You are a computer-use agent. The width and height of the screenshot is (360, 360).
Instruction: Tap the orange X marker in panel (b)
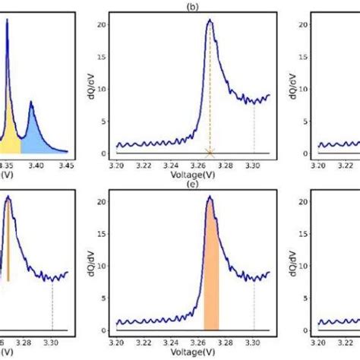click(x=210, y=153)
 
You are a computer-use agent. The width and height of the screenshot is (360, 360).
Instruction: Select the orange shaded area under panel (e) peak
click(x=210, y=289)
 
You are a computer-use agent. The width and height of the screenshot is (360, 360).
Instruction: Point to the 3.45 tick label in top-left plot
click(x=65, y=163)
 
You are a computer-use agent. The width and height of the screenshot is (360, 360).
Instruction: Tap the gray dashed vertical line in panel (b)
click(x=254, y=129)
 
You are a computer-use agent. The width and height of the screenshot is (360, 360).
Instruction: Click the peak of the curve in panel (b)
click(x=210, y=21)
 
